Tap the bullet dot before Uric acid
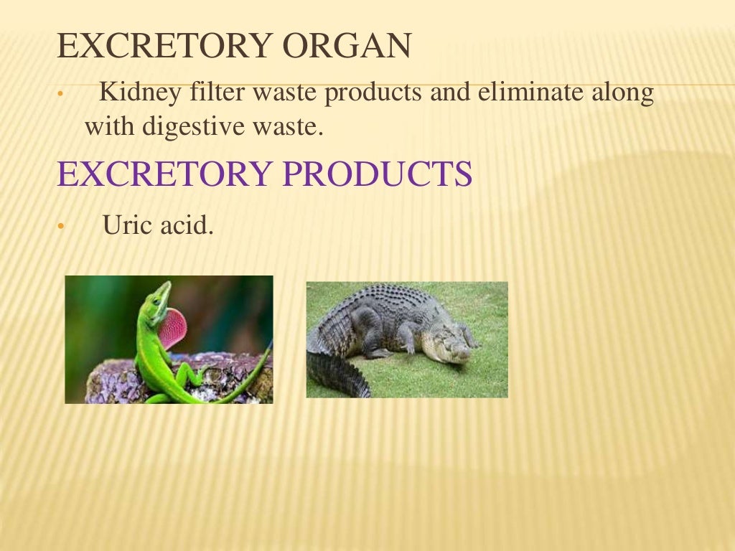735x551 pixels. tap(61, 227)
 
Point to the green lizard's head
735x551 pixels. tap(161, 293)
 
